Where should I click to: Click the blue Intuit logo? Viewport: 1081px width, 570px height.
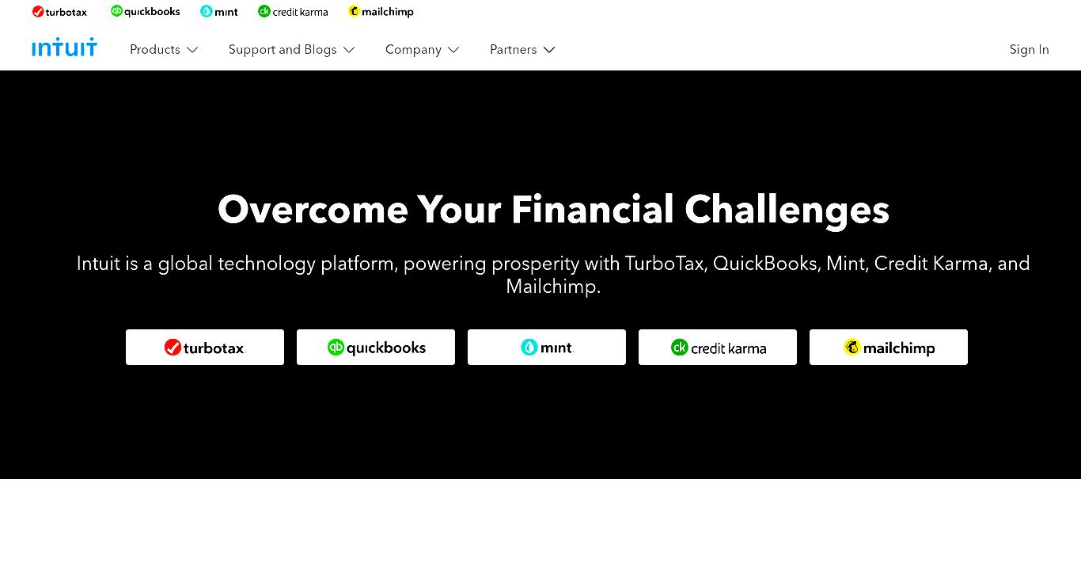click(x=64, y=47)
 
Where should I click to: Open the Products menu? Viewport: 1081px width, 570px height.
click(x=164, y=50)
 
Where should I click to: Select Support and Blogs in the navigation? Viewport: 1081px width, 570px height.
click(x=291, y=50)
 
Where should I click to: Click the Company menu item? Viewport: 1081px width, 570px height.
click(x=422, y=50)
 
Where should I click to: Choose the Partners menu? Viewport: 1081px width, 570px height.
click(x=522, y=50)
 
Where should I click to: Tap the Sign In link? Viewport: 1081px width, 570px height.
click(x=1029, y=50)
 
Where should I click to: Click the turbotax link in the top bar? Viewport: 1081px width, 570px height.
click(x=59, y=12)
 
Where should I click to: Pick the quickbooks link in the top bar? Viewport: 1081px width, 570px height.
click(x=146, y=12)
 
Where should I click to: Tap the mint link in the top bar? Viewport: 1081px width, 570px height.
click(x=219, y=12)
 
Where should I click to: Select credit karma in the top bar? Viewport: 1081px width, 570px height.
click(x=293, y=12)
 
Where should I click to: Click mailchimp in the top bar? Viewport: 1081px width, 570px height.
click(x=381, y=12)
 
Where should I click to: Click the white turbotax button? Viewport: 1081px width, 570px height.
click(x=205, y=347)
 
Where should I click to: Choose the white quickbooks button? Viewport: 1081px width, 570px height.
click(x=375, y=347)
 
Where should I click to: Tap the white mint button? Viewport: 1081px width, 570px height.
click(x=546, y=347)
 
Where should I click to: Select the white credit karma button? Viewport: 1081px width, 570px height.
click(x=717, y=347)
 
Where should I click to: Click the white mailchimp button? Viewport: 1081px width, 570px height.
click(x=888, y=347)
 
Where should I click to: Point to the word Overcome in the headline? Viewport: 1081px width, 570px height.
click(x=313, y=210)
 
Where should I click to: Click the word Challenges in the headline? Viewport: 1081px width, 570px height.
click(x=787, y=211)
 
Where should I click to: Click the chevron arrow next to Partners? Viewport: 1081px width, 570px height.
click(x=549, y=50)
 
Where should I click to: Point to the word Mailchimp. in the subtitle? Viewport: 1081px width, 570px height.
click(x=553, y=287)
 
